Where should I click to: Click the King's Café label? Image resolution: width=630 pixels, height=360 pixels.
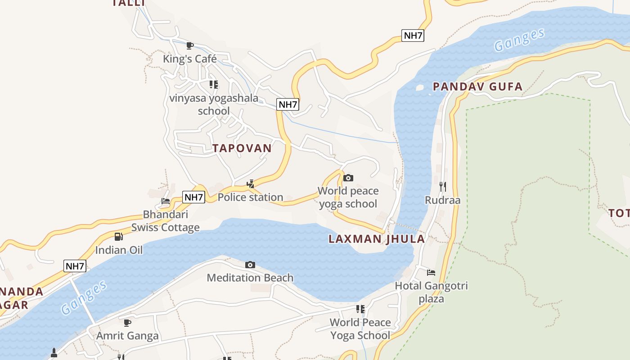click(x=189, y=59)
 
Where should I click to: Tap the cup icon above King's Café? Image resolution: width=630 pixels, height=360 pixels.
click(x=190, y=45)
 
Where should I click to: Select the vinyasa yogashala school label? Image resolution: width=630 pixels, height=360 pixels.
click(x=214, y=104)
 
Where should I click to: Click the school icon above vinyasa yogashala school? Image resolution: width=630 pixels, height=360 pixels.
click(x=214, y=84)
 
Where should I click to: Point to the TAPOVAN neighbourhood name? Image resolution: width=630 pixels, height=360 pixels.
click(x=242, y=148)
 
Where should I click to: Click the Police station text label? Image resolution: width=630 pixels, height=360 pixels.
click(x=250, y=197)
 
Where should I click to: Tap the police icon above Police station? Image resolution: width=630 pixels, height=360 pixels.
click(x=251, y=184)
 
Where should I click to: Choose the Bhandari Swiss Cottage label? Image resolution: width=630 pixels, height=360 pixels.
click(x=165, y=221)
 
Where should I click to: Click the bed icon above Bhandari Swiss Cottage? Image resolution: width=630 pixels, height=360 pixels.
click(x=166, y=201)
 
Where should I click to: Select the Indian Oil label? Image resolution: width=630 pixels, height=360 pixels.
click(x=119, y=250)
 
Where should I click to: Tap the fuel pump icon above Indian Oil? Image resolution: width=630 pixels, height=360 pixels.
click(x=119, y=236)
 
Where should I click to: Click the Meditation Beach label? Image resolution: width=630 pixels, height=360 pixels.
click(x=250, y=278)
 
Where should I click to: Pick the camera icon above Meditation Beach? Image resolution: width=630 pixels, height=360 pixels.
click(x=250, y=265)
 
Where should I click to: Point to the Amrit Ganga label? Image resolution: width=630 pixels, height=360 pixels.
click(x=127, y=336)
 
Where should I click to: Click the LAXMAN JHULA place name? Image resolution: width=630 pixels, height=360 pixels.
click(x=377, y=239)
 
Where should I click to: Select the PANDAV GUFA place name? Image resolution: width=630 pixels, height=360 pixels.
click(x=477, y=87)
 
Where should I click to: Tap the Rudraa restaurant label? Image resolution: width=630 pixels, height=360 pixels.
click(x=443, y=200)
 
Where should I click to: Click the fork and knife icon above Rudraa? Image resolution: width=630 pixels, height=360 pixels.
click(x=443, y=186)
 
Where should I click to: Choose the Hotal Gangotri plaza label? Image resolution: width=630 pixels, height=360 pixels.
click(x=431, y=292)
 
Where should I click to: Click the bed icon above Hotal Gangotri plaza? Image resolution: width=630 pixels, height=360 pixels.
click(x=431, y=272)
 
